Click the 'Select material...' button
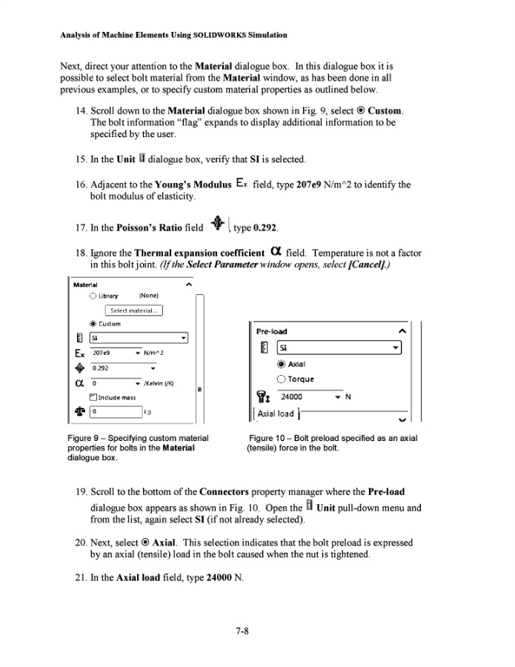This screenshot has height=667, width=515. click(134, 311)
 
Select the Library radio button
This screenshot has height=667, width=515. click(92, 296)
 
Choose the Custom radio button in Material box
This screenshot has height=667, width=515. click(92, 324)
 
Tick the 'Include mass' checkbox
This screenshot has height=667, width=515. click(93, 397)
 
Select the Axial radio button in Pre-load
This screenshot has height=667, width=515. click(280, 365)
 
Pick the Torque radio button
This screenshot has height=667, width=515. click(280, 379)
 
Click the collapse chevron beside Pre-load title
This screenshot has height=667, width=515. click(402, 331)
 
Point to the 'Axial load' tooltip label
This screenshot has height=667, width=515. click(276, 414)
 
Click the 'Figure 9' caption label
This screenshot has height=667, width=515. click(85, 439)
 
